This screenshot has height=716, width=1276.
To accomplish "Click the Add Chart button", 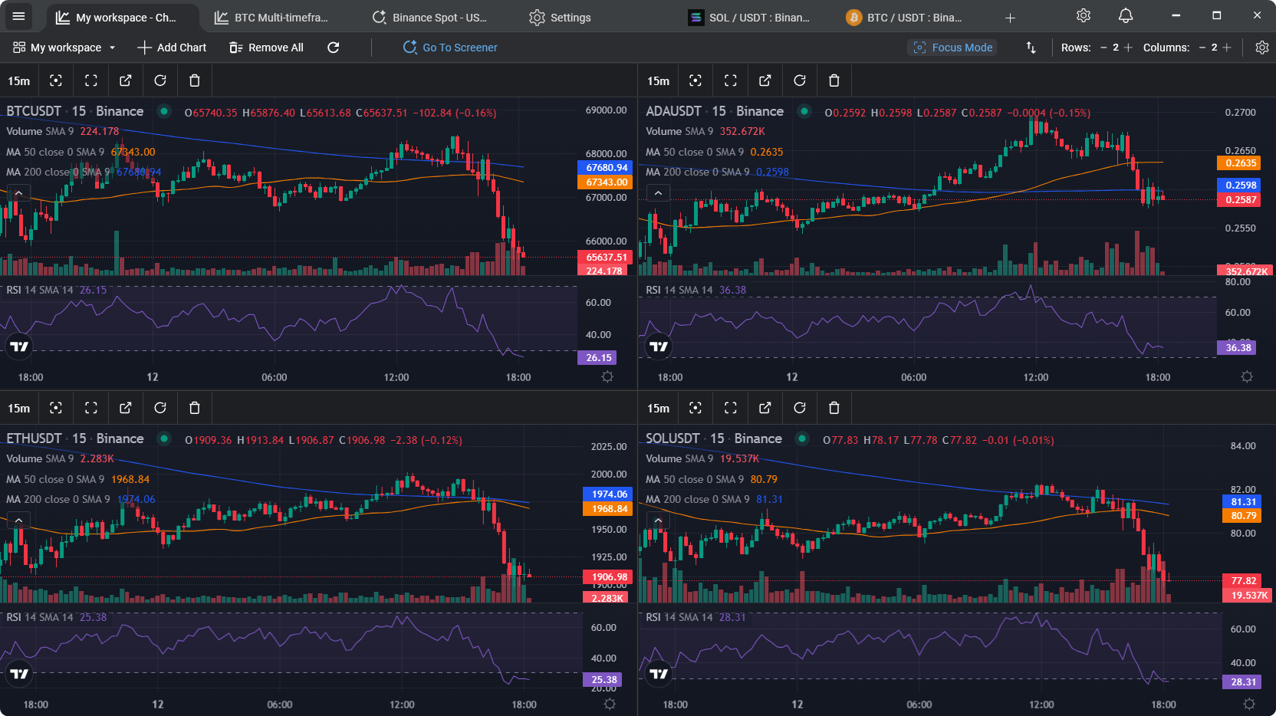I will (172, 48).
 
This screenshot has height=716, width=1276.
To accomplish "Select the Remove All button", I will (266, 48).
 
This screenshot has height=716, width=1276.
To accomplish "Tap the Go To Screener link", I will (450, 48).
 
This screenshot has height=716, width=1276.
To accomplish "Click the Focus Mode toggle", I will (952, 48).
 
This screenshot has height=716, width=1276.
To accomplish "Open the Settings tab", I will (560, 18).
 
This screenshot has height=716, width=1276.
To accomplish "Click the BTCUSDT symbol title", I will (34, 111).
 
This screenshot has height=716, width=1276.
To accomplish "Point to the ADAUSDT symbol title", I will (673, 111).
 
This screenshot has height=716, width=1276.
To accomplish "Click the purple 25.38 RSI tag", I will (604, 680).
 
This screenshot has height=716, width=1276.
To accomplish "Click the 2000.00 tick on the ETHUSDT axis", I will (609, 475).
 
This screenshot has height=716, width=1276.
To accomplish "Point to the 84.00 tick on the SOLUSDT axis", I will (1243, 446).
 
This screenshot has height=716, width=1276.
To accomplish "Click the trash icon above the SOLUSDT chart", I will (834, 408).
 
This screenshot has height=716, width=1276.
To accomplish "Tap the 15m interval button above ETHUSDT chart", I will (19, 408).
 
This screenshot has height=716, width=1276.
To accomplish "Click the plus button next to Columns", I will (1227, 48).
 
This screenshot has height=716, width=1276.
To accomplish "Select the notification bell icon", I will (1126, 16).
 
